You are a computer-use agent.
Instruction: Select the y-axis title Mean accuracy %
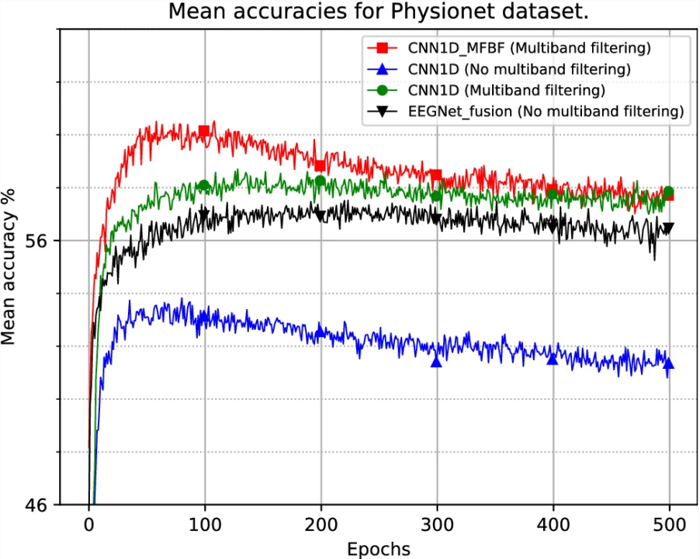coord(11,265)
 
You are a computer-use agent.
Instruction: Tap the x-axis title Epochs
coord(379,548)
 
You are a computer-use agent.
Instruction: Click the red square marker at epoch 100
coord(204,131)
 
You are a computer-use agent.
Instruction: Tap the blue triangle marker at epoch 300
coord(436,361)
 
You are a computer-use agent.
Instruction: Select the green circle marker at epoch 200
coord(320,182)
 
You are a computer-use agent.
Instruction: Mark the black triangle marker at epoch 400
coord(553,225)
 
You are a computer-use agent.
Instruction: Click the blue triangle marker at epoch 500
coord(668,364)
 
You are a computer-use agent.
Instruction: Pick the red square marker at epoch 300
coord(436,175)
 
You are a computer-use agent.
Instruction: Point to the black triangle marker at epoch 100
coord(204,215)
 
